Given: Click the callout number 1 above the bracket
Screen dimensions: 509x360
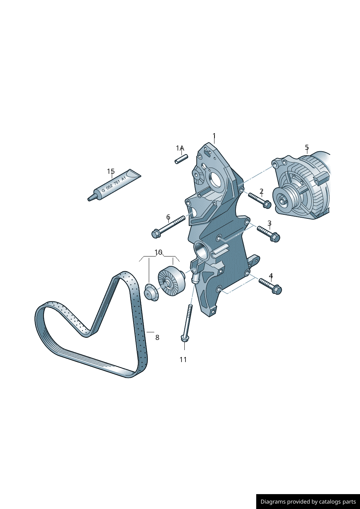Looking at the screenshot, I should [214, 136].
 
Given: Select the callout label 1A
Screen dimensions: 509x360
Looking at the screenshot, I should [180, 148].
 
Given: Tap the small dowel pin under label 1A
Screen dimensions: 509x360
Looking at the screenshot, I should [181, 159].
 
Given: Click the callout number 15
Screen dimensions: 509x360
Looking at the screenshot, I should [111, 171].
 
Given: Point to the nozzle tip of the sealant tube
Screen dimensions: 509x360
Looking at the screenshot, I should [90, 198].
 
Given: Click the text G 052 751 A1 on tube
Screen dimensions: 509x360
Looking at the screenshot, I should [114, 184].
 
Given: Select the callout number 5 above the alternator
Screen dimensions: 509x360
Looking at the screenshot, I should [307, 147].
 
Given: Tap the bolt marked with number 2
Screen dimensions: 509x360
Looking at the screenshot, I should [259, 200].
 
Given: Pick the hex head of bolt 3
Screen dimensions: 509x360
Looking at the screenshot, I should [275, 238].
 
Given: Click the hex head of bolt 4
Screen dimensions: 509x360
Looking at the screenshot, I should [277, 290].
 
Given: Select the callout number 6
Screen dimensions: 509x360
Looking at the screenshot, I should [168, 217].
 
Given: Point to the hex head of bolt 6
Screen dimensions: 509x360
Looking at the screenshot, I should [156, 233].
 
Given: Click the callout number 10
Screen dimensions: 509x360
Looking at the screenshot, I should [158, 252].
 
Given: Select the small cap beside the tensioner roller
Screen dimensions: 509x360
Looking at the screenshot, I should [150, 293].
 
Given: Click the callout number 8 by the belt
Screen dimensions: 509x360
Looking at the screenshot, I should [157, 337].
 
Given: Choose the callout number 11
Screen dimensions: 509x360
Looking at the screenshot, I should [183, 360].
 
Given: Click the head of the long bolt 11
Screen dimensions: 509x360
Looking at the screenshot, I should [185, 338].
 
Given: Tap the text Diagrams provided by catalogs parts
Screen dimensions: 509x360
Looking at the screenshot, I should [308, 502].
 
